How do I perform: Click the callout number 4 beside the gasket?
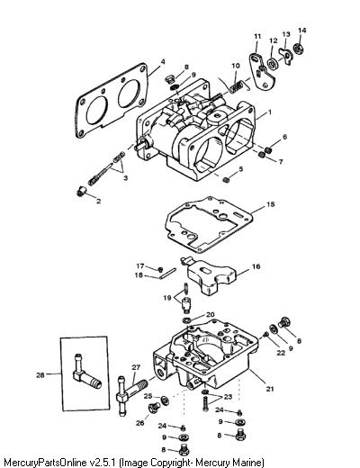click(163, 62)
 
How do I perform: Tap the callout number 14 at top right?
click(301, 31)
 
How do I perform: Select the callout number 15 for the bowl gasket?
click(270, 204)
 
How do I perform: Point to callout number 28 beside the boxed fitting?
click(40, 375)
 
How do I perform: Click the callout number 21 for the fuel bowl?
click(270, 389)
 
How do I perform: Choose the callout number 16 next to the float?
click(256, 266)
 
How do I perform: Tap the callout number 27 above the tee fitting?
click(136, 367)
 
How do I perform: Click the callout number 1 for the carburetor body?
click(270, 112)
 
